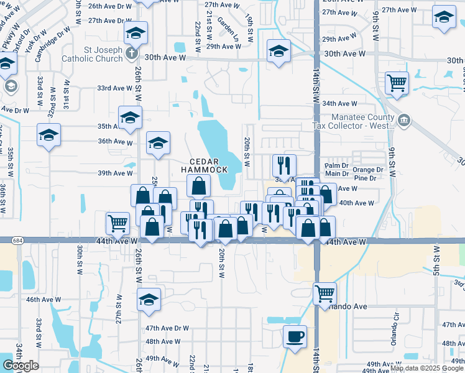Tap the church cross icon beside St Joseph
(132, 53)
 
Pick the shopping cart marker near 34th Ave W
(396, 82)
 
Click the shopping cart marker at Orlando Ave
(325, 293)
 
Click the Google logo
(21, 366)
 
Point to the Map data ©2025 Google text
(426, 368)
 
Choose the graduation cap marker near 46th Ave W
(149, 300)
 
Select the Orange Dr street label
(368, 169)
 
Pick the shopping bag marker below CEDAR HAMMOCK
(198, 185)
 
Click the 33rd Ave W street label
(113, 88)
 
